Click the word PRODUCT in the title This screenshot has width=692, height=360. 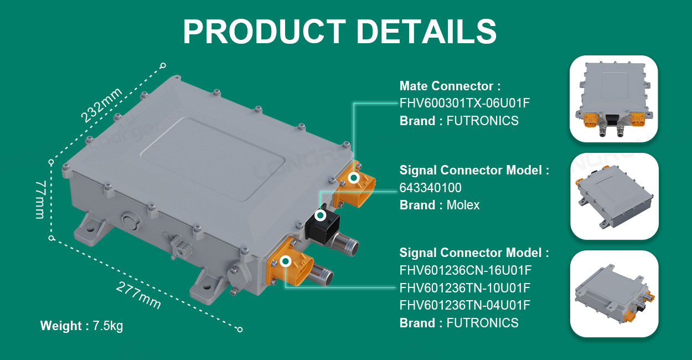coord(264,32)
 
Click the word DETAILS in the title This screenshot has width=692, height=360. coord(427,32)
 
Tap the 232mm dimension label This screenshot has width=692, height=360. coord(101,105)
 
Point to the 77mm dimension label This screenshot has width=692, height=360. coord(40,199)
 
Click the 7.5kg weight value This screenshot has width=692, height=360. coord(108,326)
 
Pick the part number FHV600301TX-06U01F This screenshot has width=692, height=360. coord(464,103)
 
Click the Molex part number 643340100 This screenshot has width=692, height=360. coord(430,188)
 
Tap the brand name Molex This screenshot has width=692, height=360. coord(463,205)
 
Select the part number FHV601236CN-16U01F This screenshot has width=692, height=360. coord(466,270)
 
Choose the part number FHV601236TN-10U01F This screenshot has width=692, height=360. coord(465,288)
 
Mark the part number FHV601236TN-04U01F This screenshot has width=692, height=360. coord(465,305)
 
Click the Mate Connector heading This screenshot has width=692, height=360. coord(450,86)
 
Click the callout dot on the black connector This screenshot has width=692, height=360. coord(321,215)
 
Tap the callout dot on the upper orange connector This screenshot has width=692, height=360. coord(354,178)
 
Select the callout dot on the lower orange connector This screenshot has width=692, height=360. coord(286,261)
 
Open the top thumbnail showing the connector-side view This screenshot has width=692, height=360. coord(614,99)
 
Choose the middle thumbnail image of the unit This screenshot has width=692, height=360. coord(614,197)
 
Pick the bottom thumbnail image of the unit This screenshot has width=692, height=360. coord(614,294)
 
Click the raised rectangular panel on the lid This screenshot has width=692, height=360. coord(213,159)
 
